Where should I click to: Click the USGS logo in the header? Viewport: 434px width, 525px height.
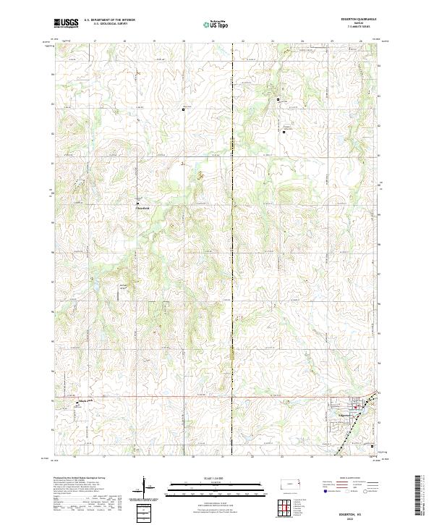[x=66, y=23]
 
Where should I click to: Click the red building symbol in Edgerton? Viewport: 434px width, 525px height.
[x=356, y=407]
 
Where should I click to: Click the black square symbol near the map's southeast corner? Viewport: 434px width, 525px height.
[x=372, y=446]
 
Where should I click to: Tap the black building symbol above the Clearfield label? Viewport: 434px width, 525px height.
[x=137, y=200]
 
